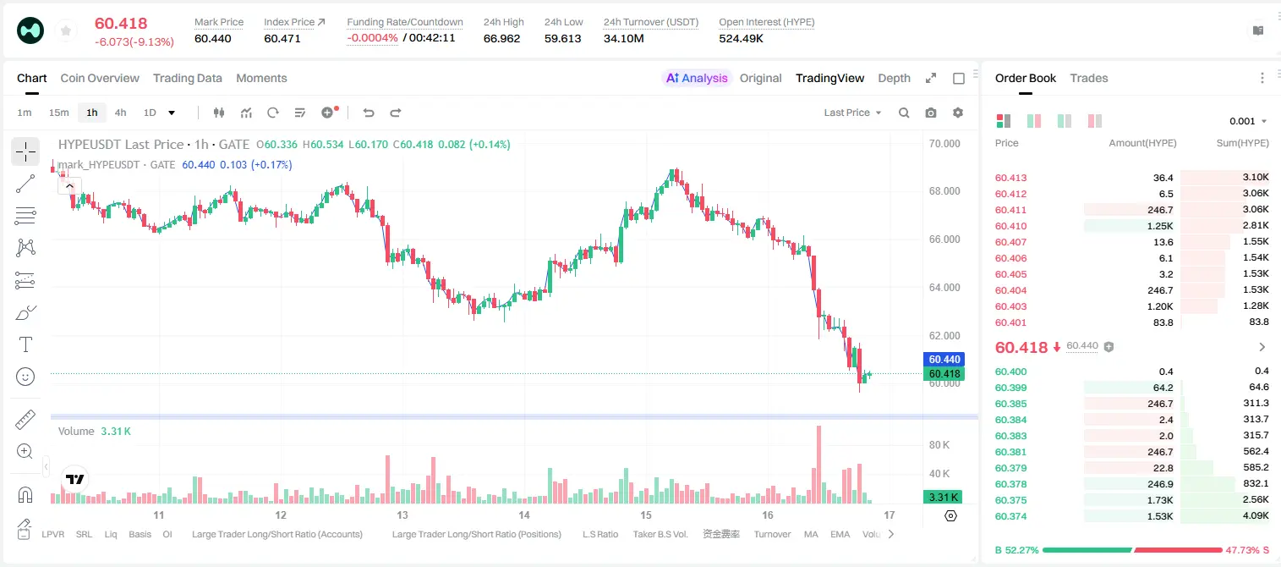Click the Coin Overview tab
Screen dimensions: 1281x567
[100, 78]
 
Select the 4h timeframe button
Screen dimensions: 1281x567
[120, 113]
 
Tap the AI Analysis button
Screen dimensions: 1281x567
[697, 78]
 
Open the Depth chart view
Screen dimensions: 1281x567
[894, 78]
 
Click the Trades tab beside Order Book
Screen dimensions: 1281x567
[1089, 78]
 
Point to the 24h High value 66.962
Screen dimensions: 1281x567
[501, 38]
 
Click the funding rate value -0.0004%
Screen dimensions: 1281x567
[372, 38]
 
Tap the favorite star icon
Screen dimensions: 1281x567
[66, 31]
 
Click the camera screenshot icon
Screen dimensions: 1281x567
[931, 113]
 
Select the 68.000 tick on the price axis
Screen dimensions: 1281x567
[944, 191]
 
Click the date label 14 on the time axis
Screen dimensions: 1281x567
[524, 515]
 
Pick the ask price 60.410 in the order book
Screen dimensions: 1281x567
[1010, 226]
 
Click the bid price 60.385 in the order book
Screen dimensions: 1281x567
[1010, 404]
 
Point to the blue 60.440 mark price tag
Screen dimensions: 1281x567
[944, 360]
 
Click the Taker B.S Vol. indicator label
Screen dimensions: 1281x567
[660, 534]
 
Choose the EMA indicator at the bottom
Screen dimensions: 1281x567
[840, 534]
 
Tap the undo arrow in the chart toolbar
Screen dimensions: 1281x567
[369, 113]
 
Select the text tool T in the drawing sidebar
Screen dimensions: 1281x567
[25, 344]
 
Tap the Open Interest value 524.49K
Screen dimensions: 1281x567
[742, 38]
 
